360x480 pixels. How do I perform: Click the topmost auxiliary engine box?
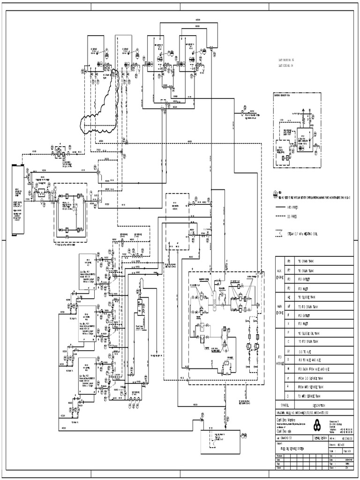(87, 272)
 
